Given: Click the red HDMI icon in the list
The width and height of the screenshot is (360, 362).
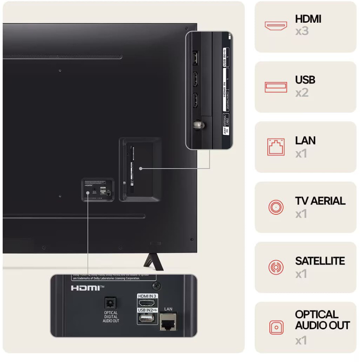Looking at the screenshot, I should coord(276,26).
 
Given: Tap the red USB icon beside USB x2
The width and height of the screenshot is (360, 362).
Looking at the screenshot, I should coord(276,87).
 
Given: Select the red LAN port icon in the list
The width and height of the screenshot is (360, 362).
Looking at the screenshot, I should coord(276,147).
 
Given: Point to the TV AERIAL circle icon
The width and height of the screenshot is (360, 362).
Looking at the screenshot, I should coord(276,207).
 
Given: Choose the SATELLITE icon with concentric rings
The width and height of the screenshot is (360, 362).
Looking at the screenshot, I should coord(276,268).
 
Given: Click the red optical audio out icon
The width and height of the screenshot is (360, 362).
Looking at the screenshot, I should coord(276,328).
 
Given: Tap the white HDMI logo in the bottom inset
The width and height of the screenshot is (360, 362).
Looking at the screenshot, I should coord(87,288).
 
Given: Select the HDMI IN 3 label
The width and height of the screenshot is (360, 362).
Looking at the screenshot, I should coord(147,296).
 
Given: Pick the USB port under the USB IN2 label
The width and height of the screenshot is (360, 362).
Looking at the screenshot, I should coord(147,318).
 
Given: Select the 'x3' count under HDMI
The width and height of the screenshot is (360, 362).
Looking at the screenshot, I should coord(302,31).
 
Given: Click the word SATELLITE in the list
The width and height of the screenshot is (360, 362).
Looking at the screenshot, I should coord(320,261).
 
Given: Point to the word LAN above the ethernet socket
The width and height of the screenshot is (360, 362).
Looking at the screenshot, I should coord(168,309).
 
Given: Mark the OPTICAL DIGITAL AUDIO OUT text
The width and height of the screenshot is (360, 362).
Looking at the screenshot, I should coord(111,317).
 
